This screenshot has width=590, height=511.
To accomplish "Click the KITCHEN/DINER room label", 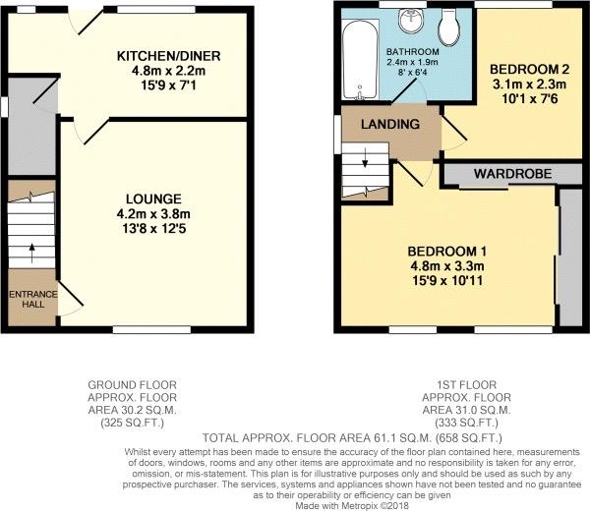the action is click(168, 56).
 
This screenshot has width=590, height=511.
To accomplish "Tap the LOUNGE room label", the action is click(153, 199).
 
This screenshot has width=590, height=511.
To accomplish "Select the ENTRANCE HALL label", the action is click(33, 300).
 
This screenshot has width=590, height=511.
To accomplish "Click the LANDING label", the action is click(390, 124).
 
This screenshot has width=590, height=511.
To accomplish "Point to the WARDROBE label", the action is click(513, 174).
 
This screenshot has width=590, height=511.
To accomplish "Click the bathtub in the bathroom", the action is click(360, 60).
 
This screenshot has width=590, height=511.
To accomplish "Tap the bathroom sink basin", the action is click(411, 21).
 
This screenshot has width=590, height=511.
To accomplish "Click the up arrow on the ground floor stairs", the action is click(31, 254).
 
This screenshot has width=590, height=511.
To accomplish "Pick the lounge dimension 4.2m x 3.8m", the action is click(153, 214).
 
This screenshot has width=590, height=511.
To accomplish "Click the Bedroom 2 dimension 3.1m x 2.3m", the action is click(529, 85).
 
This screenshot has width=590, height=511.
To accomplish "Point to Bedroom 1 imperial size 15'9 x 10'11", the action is click(447, 280).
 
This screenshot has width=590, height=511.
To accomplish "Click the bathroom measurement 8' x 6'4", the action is click(412, 72).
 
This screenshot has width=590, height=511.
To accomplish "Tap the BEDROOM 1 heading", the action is click(447, 252).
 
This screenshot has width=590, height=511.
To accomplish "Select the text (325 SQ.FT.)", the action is click(132, 423).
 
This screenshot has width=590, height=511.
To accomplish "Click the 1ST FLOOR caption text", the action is click(466, 385).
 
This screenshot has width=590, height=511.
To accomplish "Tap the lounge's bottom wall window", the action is click(152, 330).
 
